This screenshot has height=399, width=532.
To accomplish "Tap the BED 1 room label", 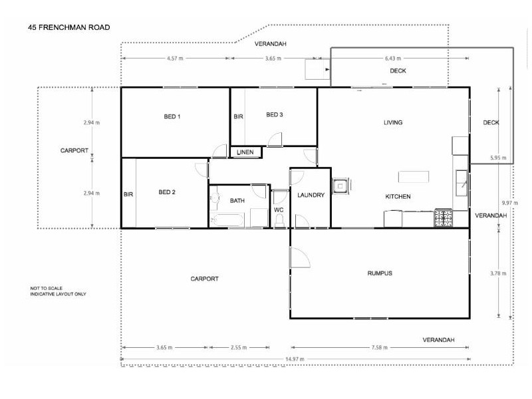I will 172,117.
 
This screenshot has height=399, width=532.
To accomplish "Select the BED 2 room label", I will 167,193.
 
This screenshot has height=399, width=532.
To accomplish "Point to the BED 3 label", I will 275,115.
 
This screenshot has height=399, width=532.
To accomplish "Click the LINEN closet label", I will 245,153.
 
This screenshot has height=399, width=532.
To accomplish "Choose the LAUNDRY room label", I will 311,196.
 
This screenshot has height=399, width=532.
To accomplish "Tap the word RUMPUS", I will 380,274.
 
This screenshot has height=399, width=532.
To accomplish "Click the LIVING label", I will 393,122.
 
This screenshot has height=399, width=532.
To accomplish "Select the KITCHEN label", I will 398,197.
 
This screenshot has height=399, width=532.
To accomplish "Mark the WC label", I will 279,210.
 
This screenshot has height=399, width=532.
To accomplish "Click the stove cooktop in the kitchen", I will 444,218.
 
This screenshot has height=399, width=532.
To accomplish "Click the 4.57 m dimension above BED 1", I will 175,59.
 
